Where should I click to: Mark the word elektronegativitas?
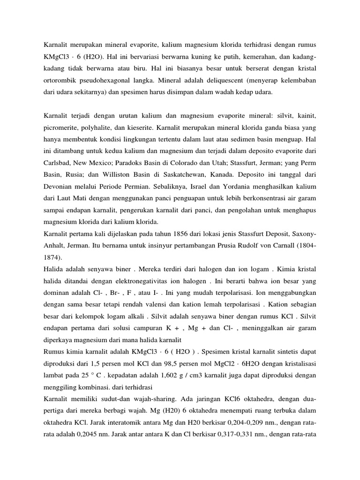[x=135, y=281]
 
